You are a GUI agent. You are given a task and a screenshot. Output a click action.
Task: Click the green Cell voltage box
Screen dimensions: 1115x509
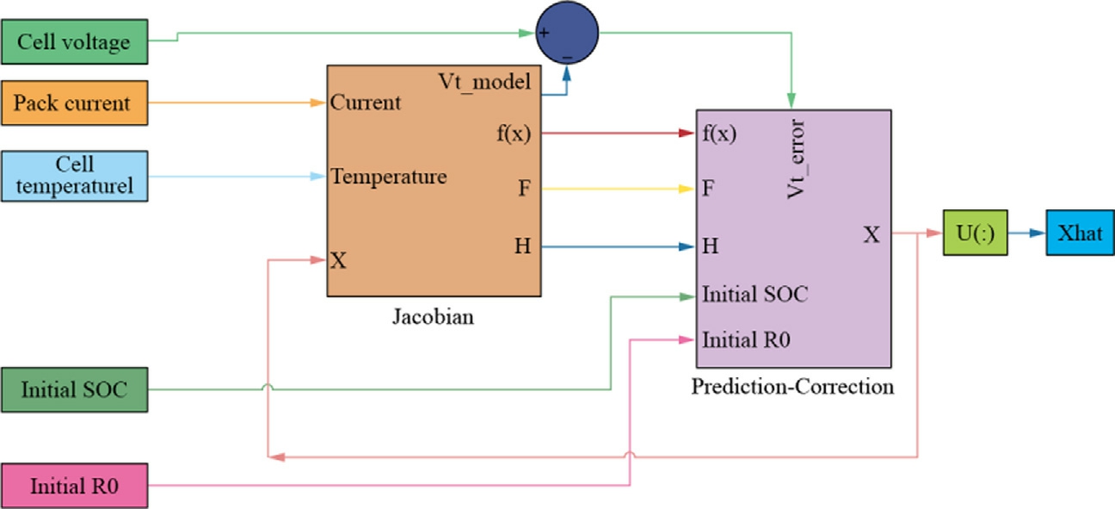(x=75, y=42)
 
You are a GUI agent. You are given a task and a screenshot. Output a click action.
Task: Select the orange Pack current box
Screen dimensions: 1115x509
(x=75, y=102)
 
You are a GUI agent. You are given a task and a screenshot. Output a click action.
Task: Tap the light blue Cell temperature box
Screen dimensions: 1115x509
(x=75, y=176)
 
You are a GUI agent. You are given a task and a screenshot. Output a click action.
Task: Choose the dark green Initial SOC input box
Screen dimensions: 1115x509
(x=75, y=390)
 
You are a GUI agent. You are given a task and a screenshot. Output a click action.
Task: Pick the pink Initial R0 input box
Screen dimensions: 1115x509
(x=75, y=486)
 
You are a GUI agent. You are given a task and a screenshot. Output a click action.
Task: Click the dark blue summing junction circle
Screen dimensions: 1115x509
(x=567, y=33)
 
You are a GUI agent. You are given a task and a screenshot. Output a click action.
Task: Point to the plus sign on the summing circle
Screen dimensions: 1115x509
(x=544, y=33)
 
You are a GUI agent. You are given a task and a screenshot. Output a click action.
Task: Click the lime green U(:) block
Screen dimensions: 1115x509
(x=975, y=233)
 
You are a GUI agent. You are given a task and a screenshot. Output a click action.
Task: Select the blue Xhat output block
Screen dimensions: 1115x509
(x=1081, y=233)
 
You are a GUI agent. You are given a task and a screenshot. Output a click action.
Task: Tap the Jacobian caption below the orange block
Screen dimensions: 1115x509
(x=433, y=317)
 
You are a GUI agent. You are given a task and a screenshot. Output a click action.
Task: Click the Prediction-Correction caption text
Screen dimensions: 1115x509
(x=792, y=387)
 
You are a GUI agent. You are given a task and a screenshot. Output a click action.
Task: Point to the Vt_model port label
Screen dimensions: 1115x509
(x=484, y=82)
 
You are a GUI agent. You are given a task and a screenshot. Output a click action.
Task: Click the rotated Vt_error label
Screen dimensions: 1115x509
(x=796, y=158)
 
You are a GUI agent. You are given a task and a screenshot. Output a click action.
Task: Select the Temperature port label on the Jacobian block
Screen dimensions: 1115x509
(x=389, y=177)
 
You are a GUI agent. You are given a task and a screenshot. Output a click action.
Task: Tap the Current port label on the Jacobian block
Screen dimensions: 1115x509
(x=366, y=102)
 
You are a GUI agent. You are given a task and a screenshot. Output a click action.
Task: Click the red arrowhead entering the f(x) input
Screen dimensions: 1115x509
(x=687, y=133)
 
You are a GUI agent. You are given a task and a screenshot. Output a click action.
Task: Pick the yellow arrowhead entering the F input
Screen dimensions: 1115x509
(x=687, y=189)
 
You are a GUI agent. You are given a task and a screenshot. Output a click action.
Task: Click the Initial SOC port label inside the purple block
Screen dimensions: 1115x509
(x=755, y=295)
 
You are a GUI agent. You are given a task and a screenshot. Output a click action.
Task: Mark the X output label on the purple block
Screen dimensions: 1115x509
(x=872, y=234)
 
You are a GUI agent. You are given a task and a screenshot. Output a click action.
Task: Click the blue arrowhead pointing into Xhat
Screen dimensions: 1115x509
(x=1038, y=233)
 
